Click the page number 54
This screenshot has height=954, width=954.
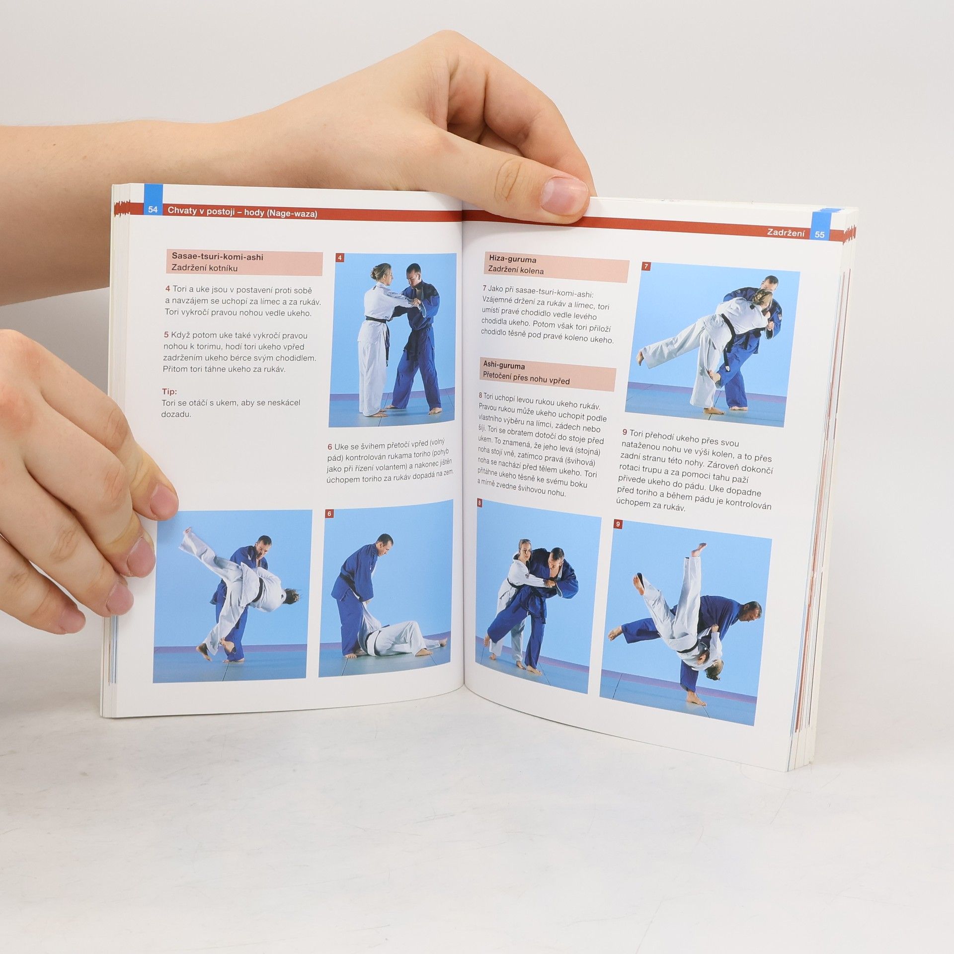(x=153, y=210)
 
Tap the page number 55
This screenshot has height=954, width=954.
(x=819, y=234)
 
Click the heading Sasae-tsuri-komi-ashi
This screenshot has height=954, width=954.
(x=217, y=257)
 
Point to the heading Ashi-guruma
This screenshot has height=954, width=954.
(x=504, y=366)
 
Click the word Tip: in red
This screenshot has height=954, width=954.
(x=169, y=392)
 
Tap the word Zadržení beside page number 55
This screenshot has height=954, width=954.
(x=786, y=232)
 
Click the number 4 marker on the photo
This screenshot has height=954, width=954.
(x=340, y=258)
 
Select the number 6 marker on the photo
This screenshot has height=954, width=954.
(x=329, y=514)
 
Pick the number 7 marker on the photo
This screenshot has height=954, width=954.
(x=646, y=266)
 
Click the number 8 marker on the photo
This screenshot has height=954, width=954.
(x=479, y=503)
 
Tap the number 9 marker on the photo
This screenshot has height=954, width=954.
(x=618, y=524)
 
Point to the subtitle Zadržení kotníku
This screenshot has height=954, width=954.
(x=205, y=268)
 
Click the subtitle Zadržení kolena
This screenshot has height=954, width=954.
(x=516, y=270)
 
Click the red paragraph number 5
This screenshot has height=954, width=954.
(x=167, y=335)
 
